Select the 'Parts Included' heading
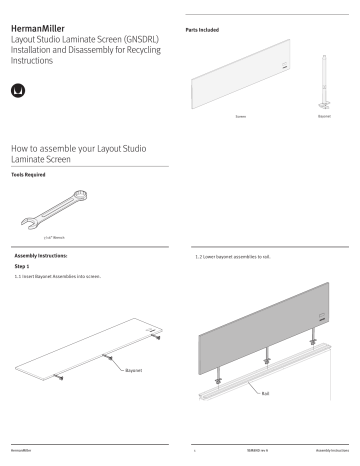pyautogui.click(x=203, y=31)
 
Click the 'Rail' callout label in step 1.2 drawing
pyautogui.click(x=265, y=393)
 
